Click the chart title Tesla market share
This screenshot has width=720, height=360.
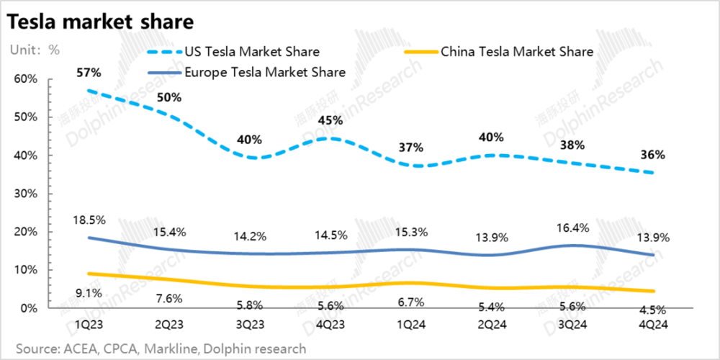[100, 22]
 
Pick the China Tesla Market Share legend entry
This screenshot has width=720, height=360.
[516, 52]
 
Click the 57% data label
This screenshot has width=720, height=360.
[89, 73]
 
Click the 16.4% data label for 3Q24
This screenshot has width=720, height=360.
[572, 228]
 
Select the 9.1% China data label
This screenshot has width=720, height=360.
[89, 292]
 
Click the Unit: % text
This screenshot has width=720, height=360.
[34, 50]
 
